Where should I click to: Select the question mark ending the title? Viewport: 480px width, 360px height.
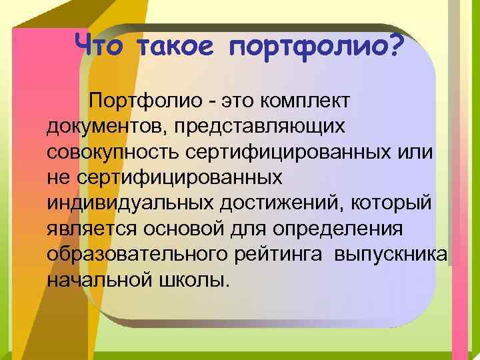pyautogui.click(x=393, y=46)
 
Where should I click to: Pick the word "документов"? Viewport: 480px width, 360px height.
pyautogui.click(x=102, y=127)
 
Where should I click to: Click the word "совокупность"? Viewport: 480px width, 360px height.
pyautogui.click(x=111, y=152)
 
